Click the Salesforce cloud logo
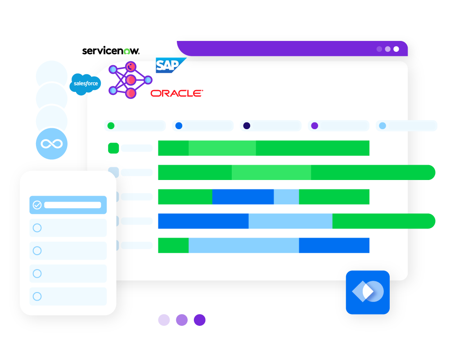pyautogui.click(x=85, y=84)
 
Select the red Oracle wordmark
pyautogui.click(x=176, y=93)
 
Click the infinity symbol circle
pyautogui.click(x=52, y=144)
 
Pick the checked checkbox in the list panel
pyautogui.click(x=37, y=205)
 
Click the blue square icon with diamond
pyautogui.click(x=368, y=292)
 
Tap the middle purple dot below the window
pyautogui.click(x=182, y=320)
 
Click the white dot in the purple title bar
pyautogui.click(x=396, y=49)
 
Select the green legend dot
pyautogui.click(x=111, y=126)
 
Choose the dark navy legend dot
pyautogui.click(x=247, y=126)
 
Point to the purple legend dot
pyautogui.click(x=315, y=126)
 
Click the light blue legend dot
pyautogui.click(x=382, y=126)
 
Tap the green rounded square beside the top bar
pyautogui.click(x=113, y=148)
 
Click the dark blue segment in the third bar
pyautogui.click(x=243, y=197)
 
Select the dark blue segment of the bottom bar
pyautogui.click(x=334, y=245)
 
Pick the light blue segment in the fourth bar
pyautogui.click(x=290, y=221)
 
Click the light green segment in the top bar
pyautogui.click(x=222, y=148)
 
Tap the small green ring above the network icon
pyautogui.click(x=127, y=52)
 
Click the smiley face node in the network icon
pyautogui.click(x=130, y=67)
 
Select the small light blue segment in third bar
pyautogui.click(x=286, y=197)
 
